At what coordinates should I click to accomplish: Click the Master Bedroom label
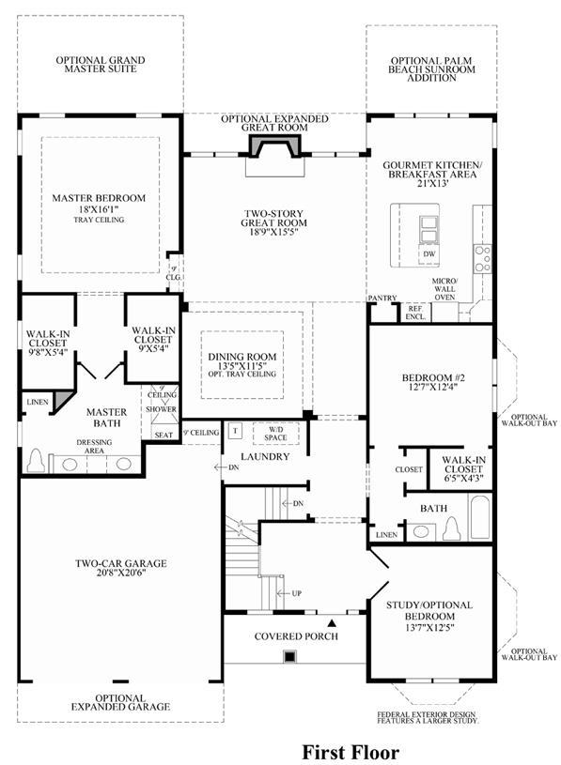coord(99,198)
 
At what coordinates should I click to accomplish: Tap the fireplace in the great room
coord(274,146)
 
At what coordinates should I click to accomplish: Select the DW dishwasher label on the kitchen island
coord(429,254)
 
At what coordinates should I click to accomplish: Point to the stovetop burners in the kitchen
coord(483,258)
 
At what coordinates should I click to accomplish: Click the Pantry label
coord(382,298)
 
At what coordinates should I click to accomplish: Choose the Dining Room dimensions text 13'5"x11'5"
coord(242,366)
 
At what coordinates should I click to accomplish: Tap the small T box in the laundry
coord(235,431)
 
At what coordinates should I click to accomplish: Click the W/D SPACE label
coord(275,434)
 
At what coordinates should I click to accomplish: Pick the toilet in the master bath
coord(36,461)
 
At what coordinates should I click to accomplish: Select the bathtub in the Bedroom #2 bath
coord(480,517)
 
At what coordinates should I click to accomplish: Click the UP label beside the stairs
coord(296,593)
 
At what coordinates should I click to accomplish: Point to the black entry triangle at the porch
coord(332,623)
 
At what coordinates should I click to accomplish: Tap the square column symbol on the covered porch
coord(290,657)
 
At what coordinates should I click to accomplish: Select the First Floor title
coord(351,752)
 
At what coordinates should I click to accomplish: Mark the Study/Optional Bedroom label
coord(429,610)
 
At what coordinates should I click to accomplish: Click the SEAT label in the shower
coord(164,435)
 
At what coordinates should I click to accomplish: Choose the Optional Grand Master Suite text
coord(101,65)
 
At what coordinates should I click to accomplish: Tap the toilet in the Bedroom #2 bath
coord(452,528)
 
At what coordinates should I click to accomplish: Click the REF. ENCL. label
coord(416,313)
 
